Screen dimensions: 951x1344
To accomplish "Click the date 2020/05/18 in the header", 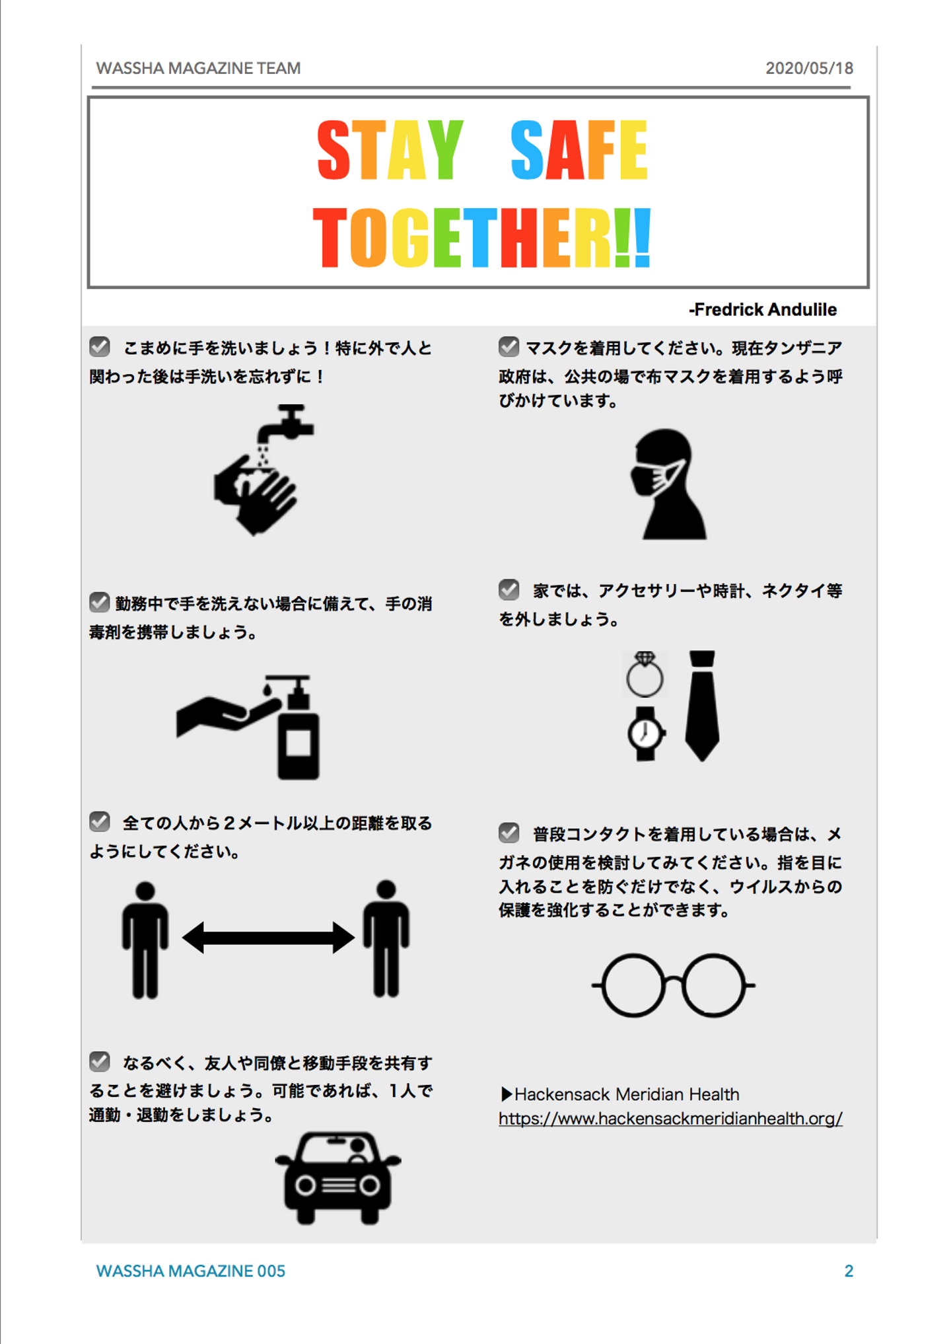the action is pyautogui.click(x=809, y=68).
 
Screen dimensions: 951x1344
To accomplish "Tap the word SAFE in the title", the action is pyautogui.click(x=579, y=150).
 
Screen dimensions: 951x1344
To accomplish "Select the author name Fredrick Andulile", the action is pyautogui.click(x=763, y=309).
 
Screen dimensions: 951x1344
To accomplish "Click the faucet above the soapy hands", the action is pyautogui.click(x=285, y=423).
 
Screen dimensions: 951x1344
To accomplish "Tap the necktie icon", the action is pyautogui.click(x=702, y=706).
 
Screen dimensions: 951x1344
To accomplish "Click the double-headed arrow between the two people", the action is pyautogui.click(x=268, y=938).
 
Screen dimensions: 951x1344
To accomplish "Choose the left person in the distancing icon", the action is pyautogui.click(x=145, y=940).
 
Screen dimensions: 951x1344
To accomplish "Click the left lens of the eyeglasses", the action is pyautogui.click(x=633, y=985).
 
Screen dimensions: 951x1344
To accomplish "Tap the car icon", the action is pyautogui.click(x=338, y=1178).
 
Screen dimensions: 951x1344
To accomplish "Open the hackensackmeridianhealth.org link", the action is pyautogui.click(x=670, y=1118).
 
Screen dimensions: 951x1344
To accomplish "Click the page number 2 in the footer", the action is pyautogui.click(x=849, y=1271).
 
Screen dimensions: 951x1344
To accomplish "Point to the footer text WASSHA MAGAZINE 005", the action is pyautogui.click(x=191, y=1271).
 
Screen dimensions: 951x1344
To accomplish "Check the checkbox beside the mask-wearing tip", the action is pyautogui.click(x=509, y=346).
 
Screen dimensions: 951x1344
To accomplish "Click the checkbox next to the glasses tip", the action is pyautogui.click(x=509, y=833).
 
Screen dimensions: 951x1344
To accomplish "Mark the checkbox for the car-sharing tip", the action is pyautogui.click(x=100, y=1061).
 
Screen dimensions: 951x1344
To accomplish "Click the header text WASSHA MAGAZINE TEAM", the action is pyautogui.click(x=198, y=68).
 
